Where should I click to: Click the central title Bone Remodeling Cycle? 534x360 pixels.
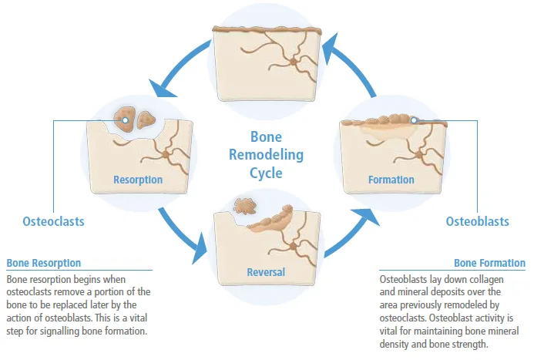click(x=267, y=154)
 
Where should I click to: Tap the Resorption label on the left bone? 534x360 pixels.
click(x=138, y=180)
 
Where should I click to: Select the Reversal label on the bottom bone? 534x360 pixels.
click(x=266, y=272)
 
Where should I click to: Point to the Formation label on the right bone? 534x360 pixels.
click(x=391, y=180)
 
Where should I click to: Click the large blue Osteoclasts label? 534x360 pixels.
click(x=52, y=221)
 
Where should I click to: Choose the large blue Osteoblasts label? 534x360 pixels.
click(x=477, y=221)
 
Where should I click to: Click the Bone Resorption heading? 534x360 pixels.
click(x=43, y=263)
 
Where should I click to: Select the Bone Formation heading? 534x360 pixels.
click(x=489, y=263)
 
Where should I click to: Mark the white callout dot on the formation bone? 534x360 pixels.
click(x=414, y=120)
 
